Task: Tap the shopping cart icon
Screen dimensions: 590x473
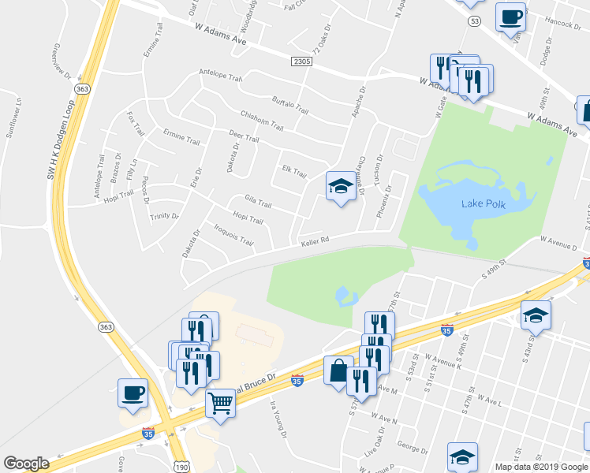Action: pos(221,403)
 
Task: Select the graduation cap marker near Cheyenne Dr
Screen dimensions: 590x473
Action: pos(340,186)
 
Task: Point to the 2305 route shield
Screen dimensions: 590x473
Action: pos(301,61)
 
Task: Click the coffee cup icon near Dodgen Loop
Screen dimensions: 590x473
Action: pos(133,392)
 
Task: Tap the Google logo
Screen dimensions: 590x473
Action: pos(26,463)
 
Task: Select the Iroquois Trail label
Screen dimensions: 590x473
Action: pos(233,235)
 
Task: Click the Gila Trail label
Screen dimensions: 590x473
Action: pos(258,204)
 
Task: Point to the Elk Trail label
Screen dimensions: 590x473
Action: pos(293,171)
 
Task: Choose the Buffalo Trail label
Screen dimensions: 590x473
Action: pos(289,105)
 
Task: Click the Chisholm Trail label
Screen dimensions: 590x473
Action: pos(261,121)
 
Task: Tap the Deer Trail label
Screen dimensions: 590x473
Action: pos(243,138)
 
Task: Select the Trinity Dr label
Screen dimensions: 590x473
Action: pos(165,215)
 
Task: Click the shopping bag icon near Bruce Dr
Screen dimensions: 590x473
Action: pos(338,369)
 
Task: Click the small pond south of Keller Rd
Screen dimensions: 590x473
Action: pos(345,297)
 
